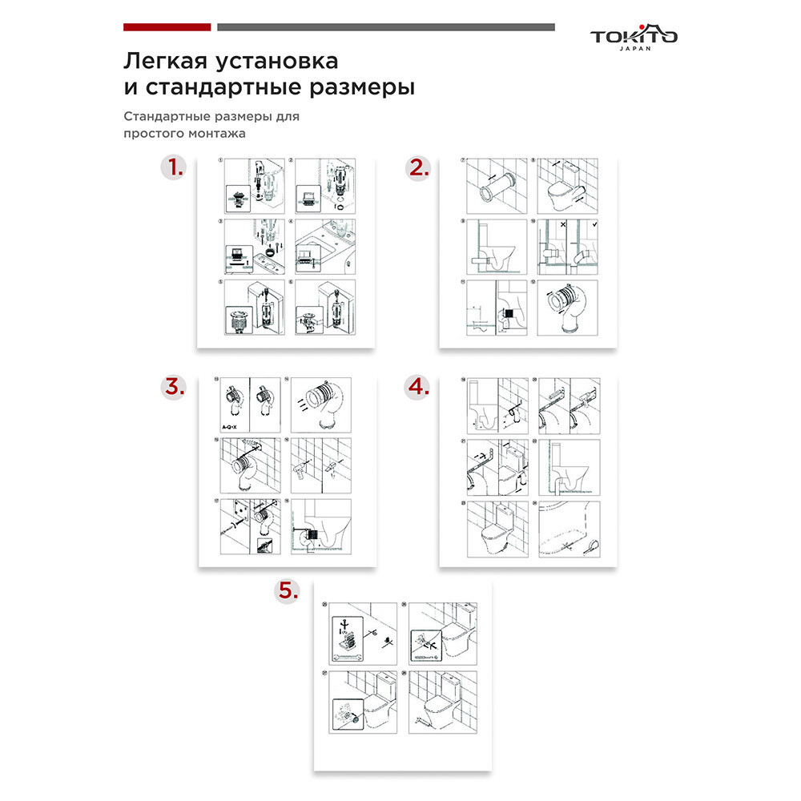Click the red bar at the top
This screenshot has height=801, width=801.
pos(167,26)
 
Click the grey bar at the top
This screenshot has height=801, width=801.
pos(385,26)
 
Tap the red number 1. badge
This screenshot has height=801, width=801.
pos(173,168)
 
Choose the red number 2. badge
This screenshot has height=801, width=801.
pos(418,168)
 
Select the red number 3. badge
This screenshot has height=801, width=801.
pos(173,387)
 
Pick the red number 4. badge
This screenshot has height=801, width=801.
pos(418,387)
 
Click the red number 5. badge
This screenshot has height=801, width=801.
pos(287,591)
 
